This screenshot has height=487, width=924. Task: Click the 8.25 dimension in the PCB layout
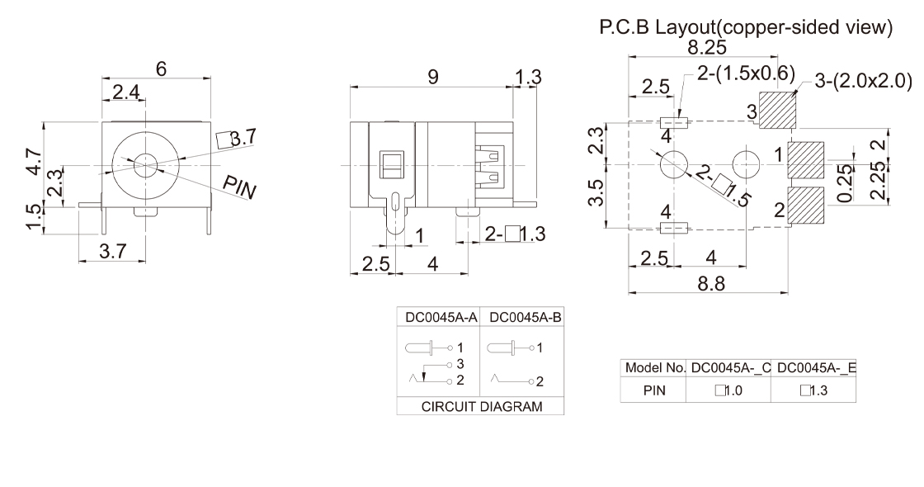707,47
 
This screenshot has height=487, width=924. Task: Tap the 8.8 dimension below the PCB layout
711,284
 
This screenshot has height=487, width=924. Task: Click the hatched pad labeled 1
806,159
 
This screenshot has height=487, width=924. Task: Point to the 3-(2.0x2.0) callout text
862,81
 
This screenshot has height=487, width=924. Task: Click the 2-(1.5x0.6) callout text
745,73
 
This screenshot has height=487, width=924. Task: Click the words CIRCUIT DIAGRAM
480,406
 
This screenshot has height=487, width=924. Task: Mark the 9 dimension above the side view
431,77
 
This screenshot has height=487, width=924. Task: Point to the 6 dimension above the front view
161,70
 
